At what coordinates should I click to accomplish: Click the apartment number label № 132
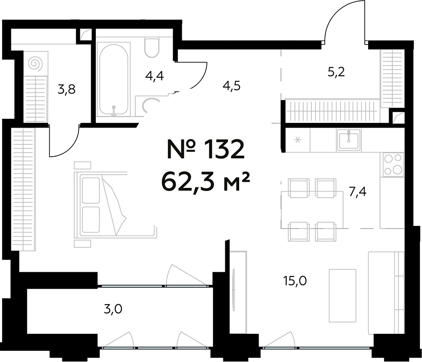click(203, 150)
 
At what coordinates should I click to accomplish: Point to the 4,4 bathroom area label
click(154, 77)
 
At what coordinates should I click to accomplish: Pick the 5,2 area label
click(336, 72)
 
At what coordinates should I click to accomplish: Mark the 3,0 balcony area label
click(113, 308)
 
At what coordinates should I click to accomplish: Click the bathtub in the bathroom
click(114, 79)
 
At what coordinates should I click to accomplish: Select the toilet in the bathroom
click(153, 48)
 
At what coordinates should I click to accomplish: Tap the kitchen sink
click(349, 139)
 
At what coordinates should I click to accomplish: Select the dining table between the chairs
click(312, 209)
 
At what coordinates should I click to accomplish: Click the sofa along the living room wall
click(387, 293)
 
